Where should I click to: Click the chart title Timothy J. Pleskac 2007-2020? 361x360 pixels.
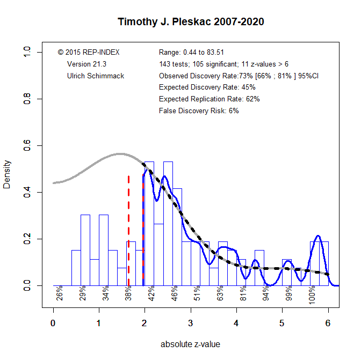191,23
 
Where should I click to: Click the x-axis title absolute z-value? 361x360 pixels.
191,344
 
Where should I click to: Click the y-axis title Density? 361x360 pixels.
8,174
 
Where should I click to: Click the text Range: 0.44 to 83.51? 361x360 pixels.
199,52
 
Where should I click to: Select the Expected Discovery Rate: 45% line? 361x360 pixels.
207,87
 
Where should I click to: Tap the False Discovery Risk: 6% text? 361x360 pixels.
199,111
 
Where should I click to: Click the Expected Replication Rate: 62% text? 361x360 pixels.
210,99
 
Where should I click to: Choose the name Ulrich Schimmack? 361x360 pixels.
95,76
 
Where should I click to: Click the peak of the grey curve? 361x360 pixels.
120,154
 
